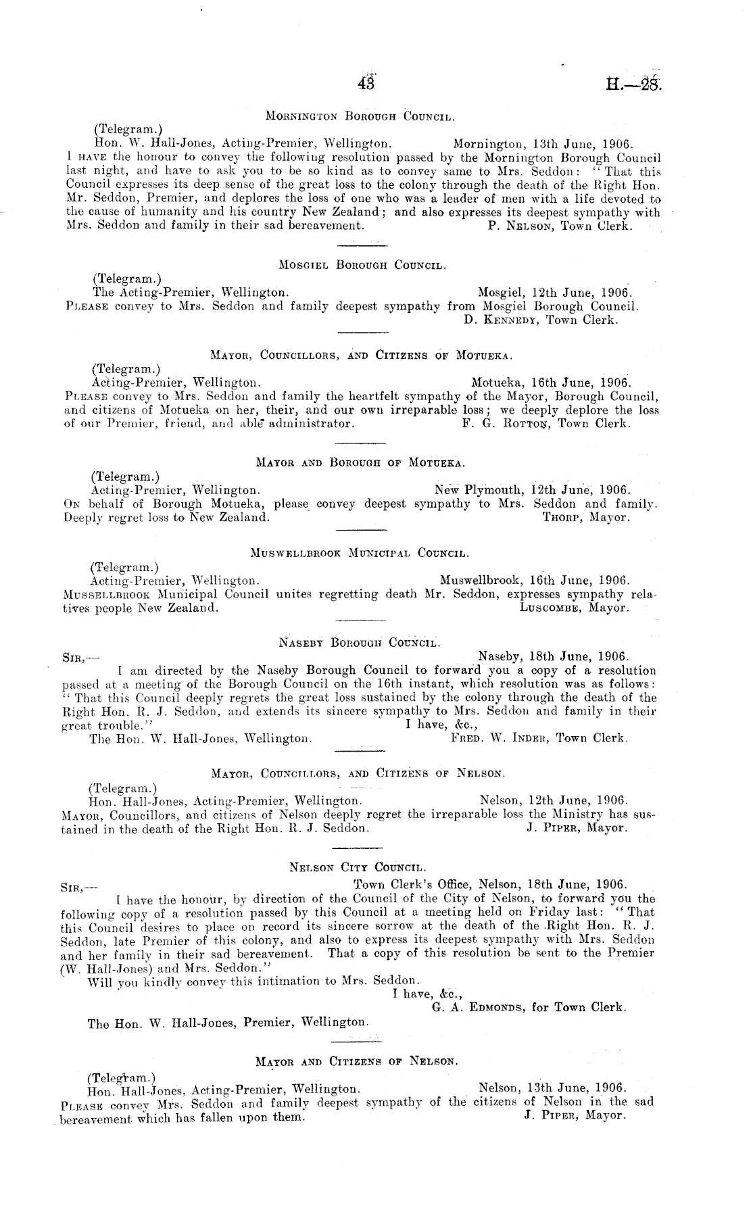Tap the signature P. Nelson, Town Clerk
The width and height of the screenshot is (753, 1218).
pos(559,226)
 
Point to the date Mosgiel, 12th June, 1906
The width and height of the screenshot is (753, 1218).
pos(554,293)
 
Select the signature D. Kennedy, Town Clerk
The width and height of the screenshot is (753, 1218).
pos(541,320)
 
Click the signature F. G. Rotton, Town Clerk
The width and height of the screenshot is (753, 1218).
pos(544,424)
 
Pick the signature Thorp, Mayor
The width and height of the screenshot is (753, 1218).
pos(586,518)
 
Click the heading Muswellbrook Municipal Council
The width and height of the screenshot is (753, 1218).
pos(360,554)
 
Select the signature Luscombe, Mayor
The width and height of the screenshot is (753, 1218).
pos(575,608)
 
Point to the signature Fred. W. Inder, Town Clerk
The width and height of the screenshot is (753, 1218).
pos(539,738)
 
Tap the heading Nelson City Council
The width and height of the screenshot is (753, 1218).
pos(358,867)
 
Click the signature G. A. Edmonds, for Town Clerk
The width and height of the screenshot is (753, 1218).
pos(529,1007)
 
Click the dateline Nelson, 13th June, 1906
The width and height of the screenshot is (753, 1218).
pos(552,1088)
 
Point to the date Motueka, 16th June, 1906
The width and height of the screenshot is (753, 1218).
pos(550,382)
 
